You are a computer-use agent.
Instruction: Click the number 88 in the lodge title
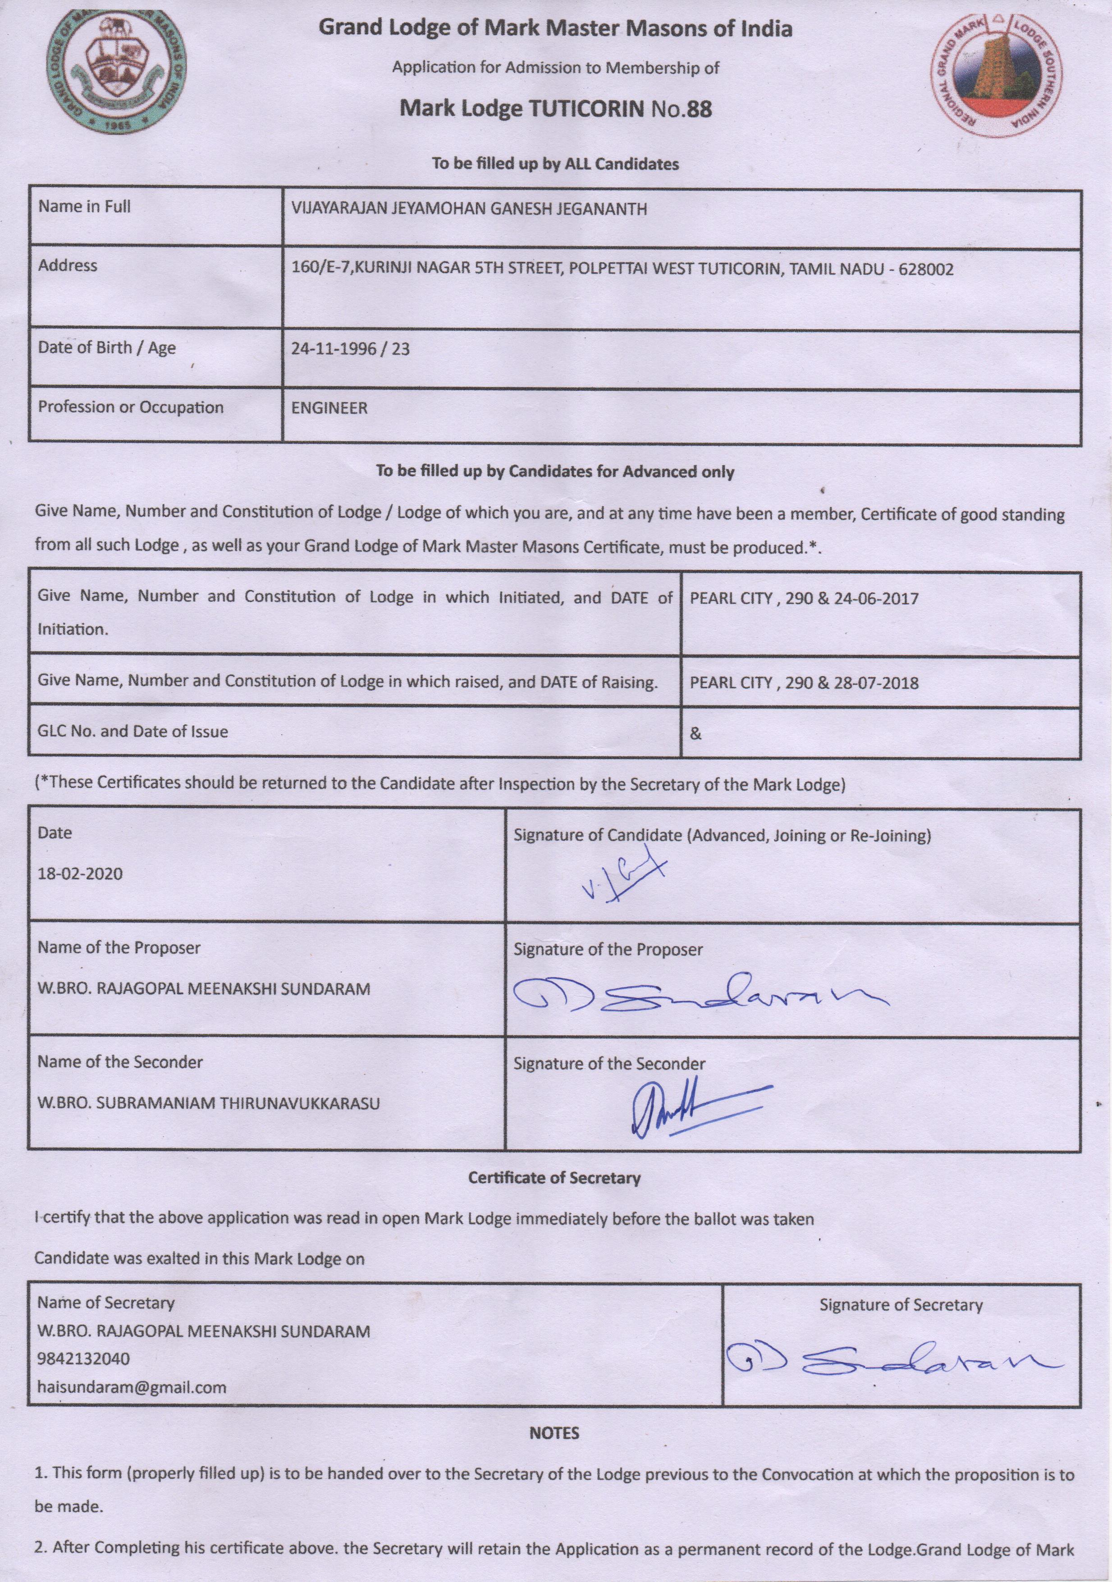[699, 109]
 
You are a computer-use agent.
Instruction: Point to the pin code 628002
[926, 270]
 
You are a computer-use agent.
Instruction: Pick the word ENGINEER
[329, 408]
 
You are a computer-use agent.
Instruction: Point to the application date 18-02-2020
[80, 873]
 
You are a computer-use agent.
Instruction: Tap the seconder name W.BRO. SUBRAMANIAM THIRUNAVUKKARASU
[208, 1103]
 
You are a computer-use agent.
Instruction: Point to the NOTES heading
[554, 1433]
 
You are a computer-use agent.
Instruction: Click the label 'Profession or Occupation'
[131, 407]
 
